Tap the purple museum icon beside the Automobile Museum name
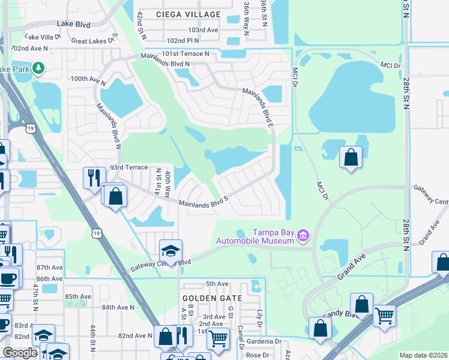(x=304, y=236)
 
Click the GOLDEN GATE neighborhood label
(x=212, y=298)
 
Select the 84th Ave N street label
(x=118, y=307)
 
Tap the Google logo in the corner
(x=20, y=353)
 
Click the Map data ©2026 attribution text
(x=423, y=355)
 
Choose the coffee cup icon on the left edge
(x=8, y=277)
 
